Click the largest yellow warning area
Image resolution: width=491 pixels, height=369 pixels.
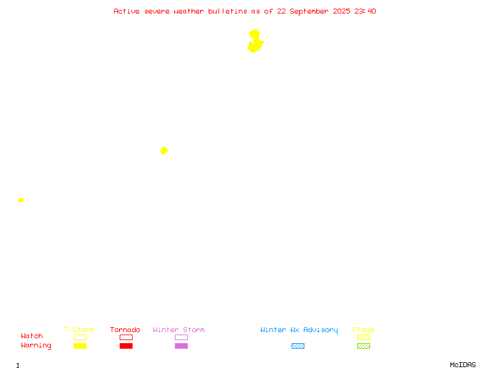pyautogui.click(x=255, y=41)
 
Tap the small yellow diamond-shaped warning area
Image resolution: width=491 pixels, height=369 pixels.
pyautogui.click(x=164, y=151)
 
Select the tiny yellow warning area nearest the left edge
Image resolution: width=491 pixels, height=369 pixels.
pyautogui.click(x=21, y=200)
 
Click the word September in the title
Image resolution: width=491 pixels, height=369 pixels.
pyautogui.click(x=309, y=12)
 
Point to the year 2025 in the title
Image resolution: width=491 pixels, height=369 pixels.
pyautogui.click(x=341, y=11)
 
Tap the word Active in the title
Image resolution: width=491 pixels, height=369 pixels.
pyautogui.click(x=126, y=11)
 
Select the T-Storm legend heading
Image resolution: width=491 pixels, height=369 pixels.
pyautogui.click(x=79, y=330)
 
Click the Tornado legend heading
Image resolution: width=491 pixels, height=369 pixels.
pyautogui.click(x=125, y=330)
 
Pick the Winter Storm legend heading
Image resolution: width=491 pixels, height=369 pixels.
pyautogui.click(x=179, y=330)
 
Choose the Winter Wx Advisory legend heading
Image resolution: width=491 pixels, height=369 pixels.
pyautogui.click(x=299, y=330)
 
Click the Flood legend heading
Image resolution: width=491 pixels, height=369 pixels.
pyautogui.click(x=363, y=330)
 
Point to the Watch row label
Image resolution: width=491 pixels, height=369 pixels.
pyautogui.click(x=32, y=336)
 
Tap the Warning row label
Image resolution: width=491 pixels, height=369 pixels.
pyautogui.click(x=36, y=346)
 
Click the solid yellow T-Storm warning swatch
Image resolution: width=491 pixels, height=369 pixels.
pyautogui.click(x=80, y=346)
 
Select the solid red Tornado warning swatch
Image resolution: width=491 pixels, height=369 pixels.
pyautogui.click(x=126, y=346)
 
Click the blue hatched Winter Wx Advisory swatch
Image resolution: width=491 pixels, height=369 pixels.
pyautogui.click(x=298, y=346)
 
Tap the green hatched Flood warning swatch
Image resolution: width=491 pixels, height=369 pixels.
pyautogui.click(x=363, y=346)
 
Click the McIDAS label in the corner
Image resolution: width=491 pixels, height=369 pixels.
pyautogui.click(x=463, y=365)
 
